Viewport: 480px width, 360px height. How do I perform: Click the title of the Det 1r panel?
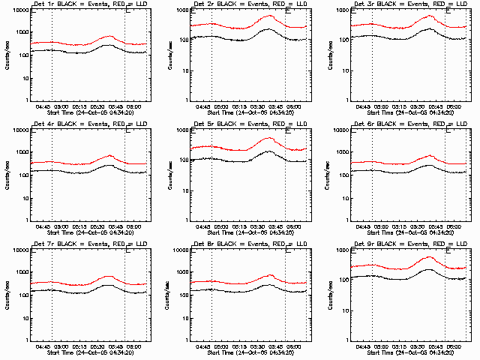(x=86, y=4)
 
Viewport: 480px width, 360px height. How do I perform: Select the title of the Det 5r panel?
(x=247, y=124)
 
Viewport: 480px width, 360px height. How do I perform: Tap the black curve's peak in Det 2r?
(x=268, y=29)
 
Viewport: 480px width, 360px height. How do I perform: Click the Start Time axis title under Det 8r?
(x=247, y=352)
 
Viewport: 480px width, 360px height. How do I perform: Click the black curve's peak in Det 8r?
(x=269, y=286)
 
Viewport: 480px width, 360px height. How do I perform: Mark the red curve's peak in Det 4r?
(x=109, y=156)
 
